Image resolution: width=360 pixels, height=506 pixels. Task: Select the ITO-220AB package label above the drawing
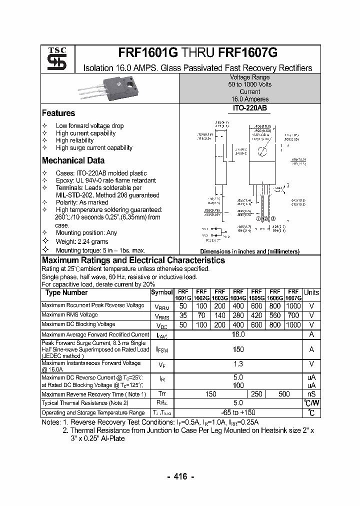tap(249, 108)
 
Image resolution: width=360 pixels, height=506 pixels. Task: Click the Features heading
tap(58, 113)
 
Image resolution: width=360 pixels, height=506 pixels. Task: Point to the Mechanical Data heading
tap(73, 161)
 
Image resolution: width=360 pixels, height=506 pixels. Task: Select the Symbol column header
tap(162, 292)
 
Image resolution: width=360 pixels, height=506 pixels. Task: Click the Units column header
tap(311, 292)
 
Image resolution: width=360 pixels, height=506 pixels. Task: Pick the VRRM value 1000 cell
tap(293, 305)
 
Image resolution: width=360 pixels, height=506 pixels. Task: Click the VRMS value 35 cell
tap(183, 315)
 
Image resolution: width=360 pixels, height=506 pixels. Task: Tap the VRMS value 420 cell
tap(256, 315)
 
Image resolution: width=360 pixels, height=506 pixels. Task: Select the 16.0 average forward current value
tap(238, 334)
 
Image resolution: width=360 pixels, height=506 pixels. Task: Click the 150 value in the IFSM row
tap(238, 350)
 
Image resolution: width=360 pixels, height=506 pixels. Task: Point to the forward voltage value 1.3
tap(238, 364)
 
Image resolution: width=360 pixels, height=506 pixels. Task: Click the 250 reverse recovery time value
tap(256, 394)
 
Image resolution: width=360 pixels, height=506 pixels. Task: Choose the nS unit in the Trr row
tap(311, 394)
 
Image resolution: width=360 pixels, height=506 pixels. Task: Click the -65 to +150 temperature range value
tap(238, 412)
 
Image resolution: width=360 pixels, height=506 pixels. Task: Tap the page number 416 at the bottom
tap(180, 477)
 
